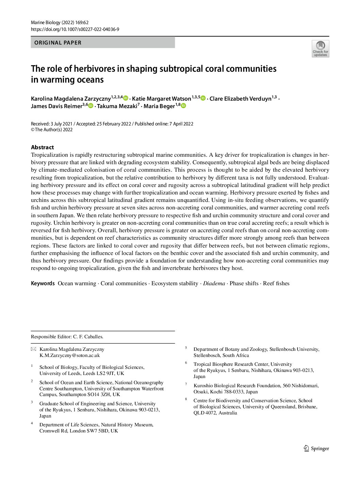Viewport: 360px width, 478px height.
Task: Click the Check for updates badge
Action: click(x=320, y=49)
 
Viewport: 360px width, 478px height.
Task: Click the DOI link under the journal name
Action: click(x=75, y=29)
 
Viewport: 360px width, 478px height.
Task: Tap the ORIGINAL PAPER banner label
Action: click(x=58, y=43)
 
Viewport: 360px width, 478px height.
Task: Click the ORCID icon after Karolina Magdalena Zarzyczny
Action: click(x=126, y=98)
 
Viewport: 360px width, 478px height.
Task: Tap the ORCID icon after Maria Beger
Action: click(x=184, y=106)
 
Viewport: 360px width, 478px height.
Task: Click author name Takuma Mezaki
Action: click(x=117, y=106)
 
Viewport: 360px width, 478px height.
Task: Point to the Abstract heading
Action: click(x=42, y=147)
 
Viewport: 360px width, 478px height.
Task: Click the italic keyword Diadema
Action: click(x=214, y=284)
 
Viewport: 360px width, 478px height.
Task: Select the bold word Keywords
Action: click(x=43, y=284)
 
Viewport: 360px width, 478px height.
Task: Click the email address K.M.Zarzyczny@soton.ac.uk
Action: click(x=69, y=355)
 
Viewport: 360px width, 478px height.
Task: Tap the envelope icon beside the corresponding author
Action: click(x=33, y=349)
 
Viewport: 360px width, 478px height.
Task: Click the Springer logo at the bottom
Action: click(x=316, y=448)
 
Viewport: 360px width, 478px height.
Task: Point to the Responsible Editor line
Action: click(x=67, y=337)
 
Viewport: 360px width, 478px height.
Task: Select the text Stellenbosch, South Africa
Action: click(x=221, y=355)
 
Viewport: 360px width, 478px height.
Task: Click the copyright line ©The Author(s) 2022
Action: click(x=52, y=130)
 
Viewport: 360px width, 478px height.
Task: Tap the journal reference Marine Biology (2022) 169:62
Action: click(x=60, y=22)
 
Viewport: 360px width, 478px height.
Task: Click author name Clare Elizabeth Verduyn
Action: click(x=240, y=99)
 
